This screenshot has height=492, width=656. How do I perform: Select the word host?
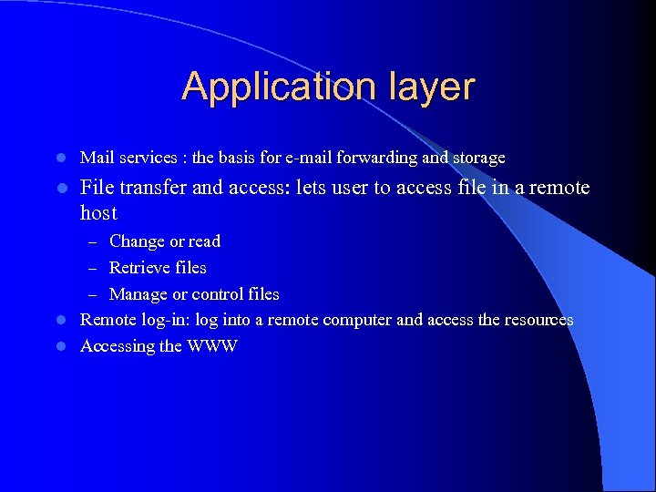(98, 213)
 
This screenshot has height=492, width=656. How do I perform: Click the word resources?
(538, 320)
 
